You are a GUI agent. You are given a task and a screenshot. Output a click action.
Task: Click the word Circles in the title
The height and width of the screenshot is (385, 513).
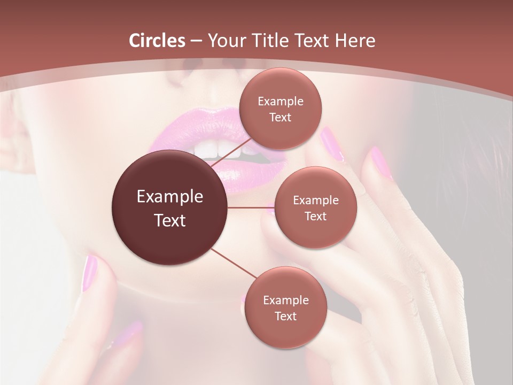click(157, 41)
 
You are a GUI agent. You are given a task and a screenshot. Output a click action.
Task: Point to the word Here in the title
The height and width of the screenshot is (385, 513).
click(355, 41)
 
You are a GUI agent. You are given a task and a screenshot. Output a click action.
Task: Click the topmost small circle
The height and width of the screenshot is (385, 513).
click(280, 109)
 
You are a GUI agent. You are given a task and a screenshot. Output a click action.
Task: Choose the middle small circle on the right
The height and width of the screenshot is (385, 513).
click(315, 208)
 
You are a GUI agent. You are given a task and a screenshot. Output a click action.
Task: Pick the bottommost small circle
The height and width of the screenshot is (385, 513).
click(285, 308)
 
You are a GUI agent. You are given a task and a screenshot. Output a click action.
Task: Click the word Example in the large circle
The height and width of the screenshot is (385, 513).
click(170, 197)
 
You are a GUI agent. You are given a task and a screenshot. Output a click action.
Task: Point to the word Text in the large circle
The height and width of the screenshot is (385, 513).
click(170, 220)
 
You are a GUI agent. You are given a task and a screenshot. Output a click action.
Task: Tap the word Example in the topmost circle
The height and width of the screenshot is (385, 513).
click(281, 102)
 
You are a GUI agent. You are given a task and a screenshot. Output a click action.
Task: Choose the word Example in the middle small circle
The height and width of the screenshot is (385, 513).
click(316, 201)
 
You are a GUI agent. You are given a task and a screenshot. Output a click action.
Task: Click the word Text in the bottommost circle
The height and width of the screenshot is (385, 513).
click(285, 316)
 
